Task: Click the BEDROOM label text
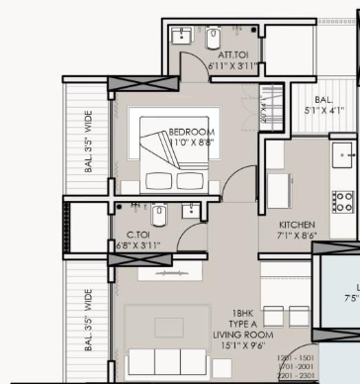tap(192, 132)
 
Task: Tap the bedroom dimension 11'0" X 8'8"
tap(192, 142)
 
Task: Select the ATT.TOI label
tap(220, 55)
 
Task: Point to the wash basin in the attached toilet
tap(183, 38)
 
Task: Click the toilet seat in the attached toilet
tap(213, 39)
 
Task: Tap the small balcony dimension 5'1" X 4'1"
tap(323, 111)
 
